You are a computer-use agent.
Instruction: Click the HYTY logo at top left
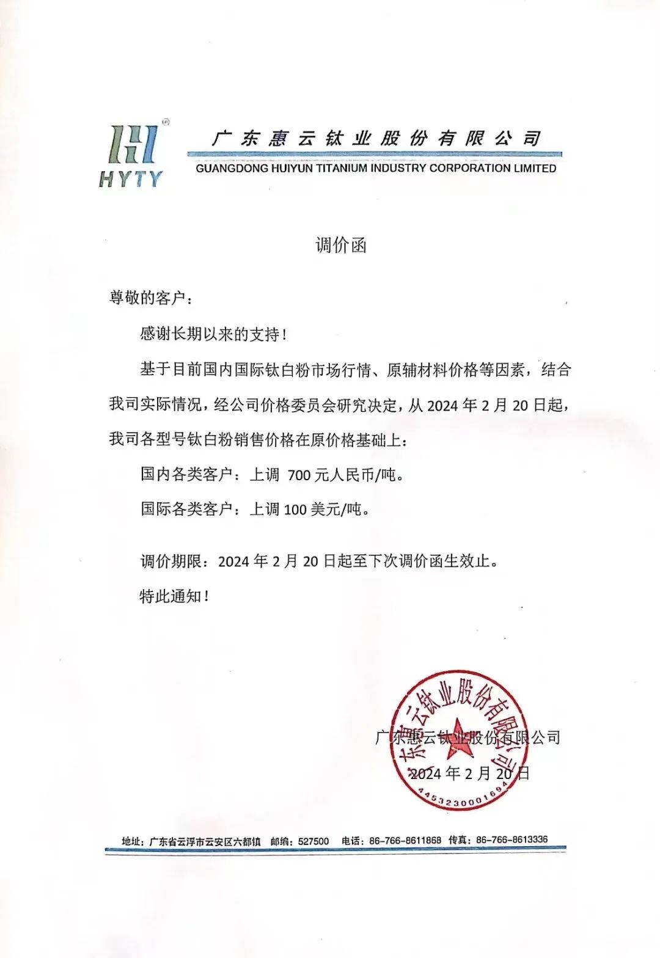(132, 156)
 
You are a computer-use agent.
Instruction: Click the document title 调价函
(340, 246)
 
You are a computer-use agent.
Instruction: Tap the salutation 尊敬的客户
(147, 298)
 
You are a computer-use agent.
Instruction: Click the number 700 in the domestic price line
(299, 475)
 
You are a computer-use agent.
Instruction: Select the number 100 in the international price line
(295, 510)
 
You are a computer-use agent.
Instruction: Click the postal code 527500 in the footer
(313, 841)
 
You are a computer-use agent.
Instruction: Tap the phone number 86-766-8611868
(405, 841)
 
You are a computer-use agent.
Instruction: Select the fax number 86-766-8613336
(512, 840)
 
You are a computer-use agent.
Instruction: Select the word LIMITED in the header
(535, 169)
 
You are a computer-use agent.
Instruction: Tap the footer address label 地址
(131, 842)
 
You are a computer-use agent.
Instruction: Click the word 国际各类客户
(186, 510)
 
